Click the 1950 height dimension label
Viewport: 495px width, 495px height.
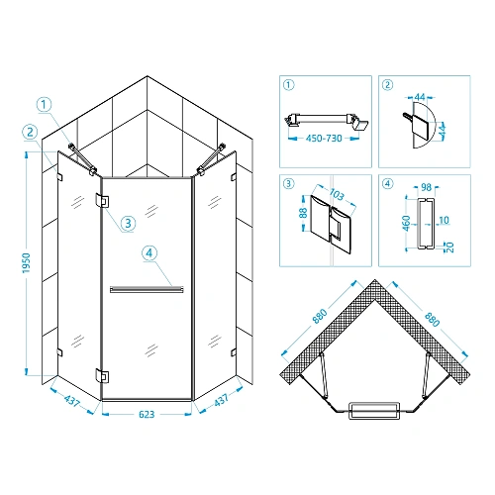click(27, 263)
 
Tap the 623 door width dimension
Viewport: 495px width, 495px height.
click(147, 414)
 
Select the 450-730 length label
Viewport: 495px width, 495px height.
click(324, 138)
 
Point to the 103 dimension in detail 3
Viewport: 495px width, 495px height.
click(337, 194)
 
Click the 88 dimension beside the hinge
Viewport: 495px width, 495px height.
click(304, 213)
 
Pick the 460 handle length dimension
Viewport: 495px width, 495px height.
click(407, 223)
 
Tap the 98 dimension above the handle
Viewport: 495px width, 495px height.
click(426, 187)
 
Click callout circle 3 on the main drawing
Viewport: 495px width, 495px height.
click(129, 223)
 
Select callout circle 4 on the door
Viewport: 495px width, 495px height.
click(149, 253)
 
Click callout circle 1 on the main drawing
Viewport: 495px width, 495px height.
click(44, 105)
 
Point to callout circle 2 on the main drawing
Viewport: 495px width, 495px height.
click(30, 132)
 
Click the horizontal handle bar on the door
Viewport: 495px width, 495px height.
click(147, 290)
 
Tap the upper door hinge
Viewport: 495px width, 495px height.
click(102, 201)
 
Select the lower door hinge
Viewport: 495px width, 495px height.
click(102, 376)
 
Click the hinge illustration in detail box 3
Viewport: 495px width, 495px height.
click(331, 225)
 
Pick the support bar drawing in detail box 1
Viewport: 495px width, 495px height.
click(326, 121)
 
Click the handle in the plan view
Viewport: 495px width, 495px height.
click(374, 411)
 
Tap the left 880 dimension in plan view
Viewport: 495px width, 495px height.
click(320, 316)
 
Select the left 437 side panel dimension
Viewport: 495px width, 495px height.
click(71, 401)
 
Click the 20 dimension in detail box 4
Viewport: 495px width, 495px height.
click(450, 247)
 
